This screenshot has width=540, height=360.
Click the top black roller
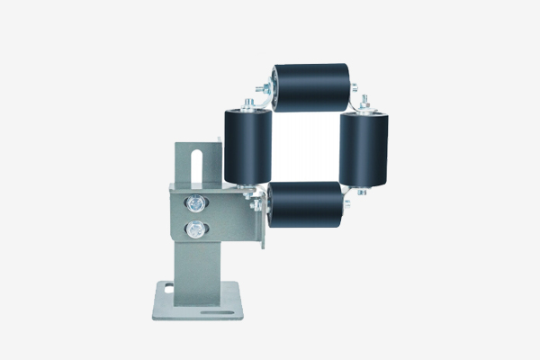click(x=311, y=86)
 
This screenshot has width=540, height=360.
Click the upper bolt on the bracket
click(x=194, y=203)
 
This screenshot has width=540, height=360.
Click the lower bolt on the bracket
click(x=194, y=229)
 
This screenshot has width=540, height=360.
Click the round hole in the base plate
click(x=168, y=289)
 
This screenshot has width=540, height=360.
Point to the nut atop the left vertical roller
click(x=244, y=101)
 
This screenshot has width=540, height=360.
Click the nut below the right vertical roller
click(x=362, y=191)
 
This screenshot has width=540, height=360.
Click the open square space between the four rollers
click(x=305, y=146)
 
